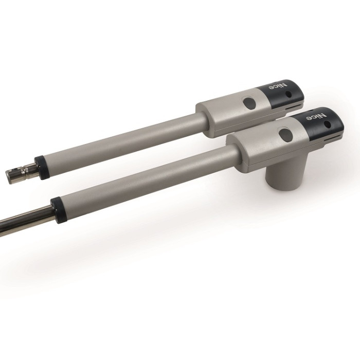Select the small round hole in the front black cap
click(329, 124)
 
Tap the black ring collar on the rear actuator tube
click(40, 168)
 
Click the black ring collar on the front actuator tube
click(58, 210)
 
